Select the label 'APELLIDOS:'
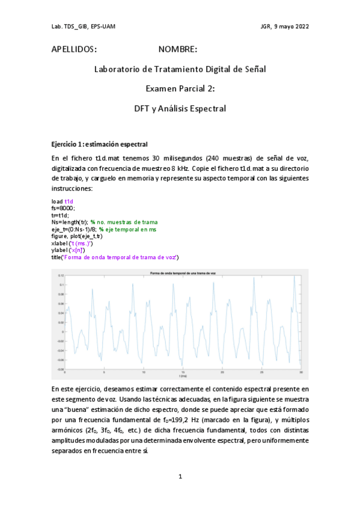tap(75, 48)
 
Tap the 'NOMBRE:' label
tap(178, 48)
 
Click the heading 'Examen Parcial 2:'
tap(180, 89)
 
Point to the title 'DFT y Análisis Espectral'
tap(180, 109)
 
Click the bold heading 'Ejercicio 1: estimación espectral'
tap(99, 144)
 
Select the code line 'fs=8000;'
tap(64, 207)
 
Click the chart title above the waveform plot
tap(180, 274)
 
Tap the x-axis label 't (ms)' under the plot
tap(180, 376)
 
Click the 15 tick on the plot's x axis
tap(183, 372)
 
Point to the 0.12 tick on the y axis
tap(62, 275)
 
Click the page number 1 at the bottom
tap(180, 477)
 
